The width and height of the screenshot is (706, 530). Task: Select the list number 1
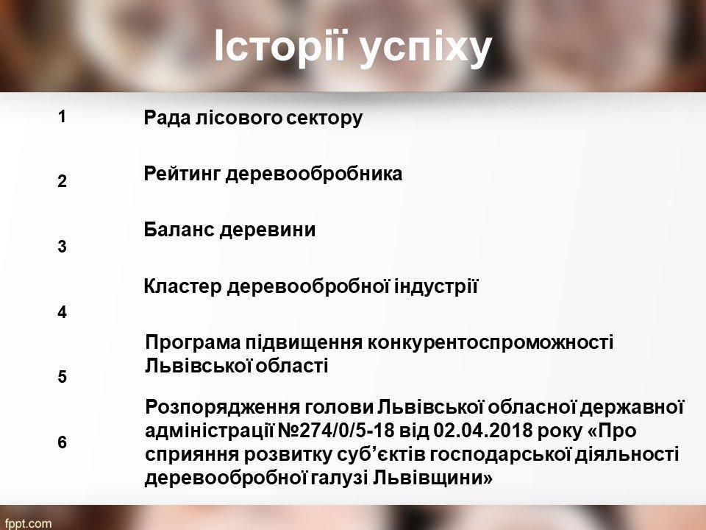coord(62,117)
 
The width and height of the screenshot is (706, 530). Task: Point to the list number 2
coord(62,181)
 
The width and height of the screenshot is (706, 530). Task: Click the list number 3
coord(62,247)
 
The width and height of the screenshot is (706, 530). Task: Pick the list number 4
coord(62,312)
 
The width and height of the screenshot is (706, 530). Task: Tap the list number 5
coord(62,377)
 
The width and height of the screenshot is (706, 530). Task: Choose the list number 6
coord(62,442)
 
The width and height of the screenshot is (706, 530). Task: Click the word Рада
coord(168,118)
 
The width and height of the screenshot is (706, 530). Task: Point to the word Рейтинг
coord(182,174)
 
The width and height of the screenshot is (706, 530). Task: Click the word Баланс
coord(179,230)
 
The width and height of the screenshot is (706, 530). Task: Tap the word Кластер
coord(183,286)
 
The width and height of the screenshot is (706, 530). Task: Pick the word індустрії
coord(436,286)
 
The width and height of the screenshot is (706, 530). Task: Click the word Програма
coord(193,342)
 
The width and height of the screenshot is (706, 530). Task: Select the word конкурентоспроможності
coord(491,343)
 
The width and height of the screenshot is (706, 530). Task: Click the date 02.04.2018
coord(482,431)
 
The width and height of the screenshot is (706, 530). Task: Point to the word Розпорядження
coord(221,407)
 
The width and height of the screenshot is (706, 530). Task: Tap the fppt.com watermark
coord(26,523)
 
